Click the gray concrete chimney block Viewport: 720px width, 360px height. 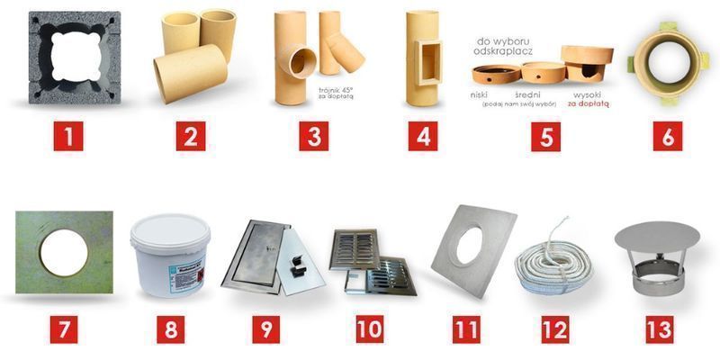pyautogui.click(x=74, y=58)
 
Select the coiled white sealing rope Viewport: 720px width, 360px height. pyautogui.click(x=554, y=264)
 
